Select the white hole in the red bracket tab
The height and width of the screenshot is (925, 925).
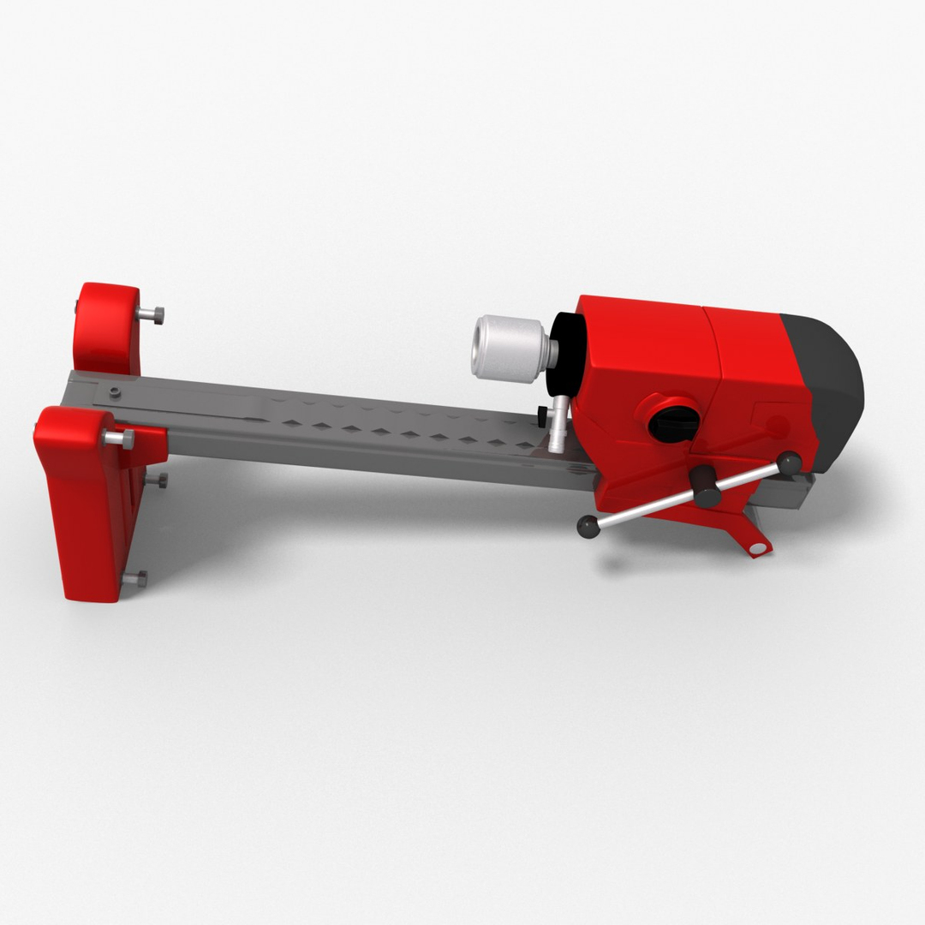click(756, 546)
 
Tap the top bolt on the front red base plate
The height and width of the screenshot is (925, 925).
click(119, 439)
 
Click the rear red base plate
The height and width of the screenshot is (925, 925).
click(107, 330)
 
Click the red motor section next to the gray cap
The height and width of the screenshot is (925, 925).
click(754, 360)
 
